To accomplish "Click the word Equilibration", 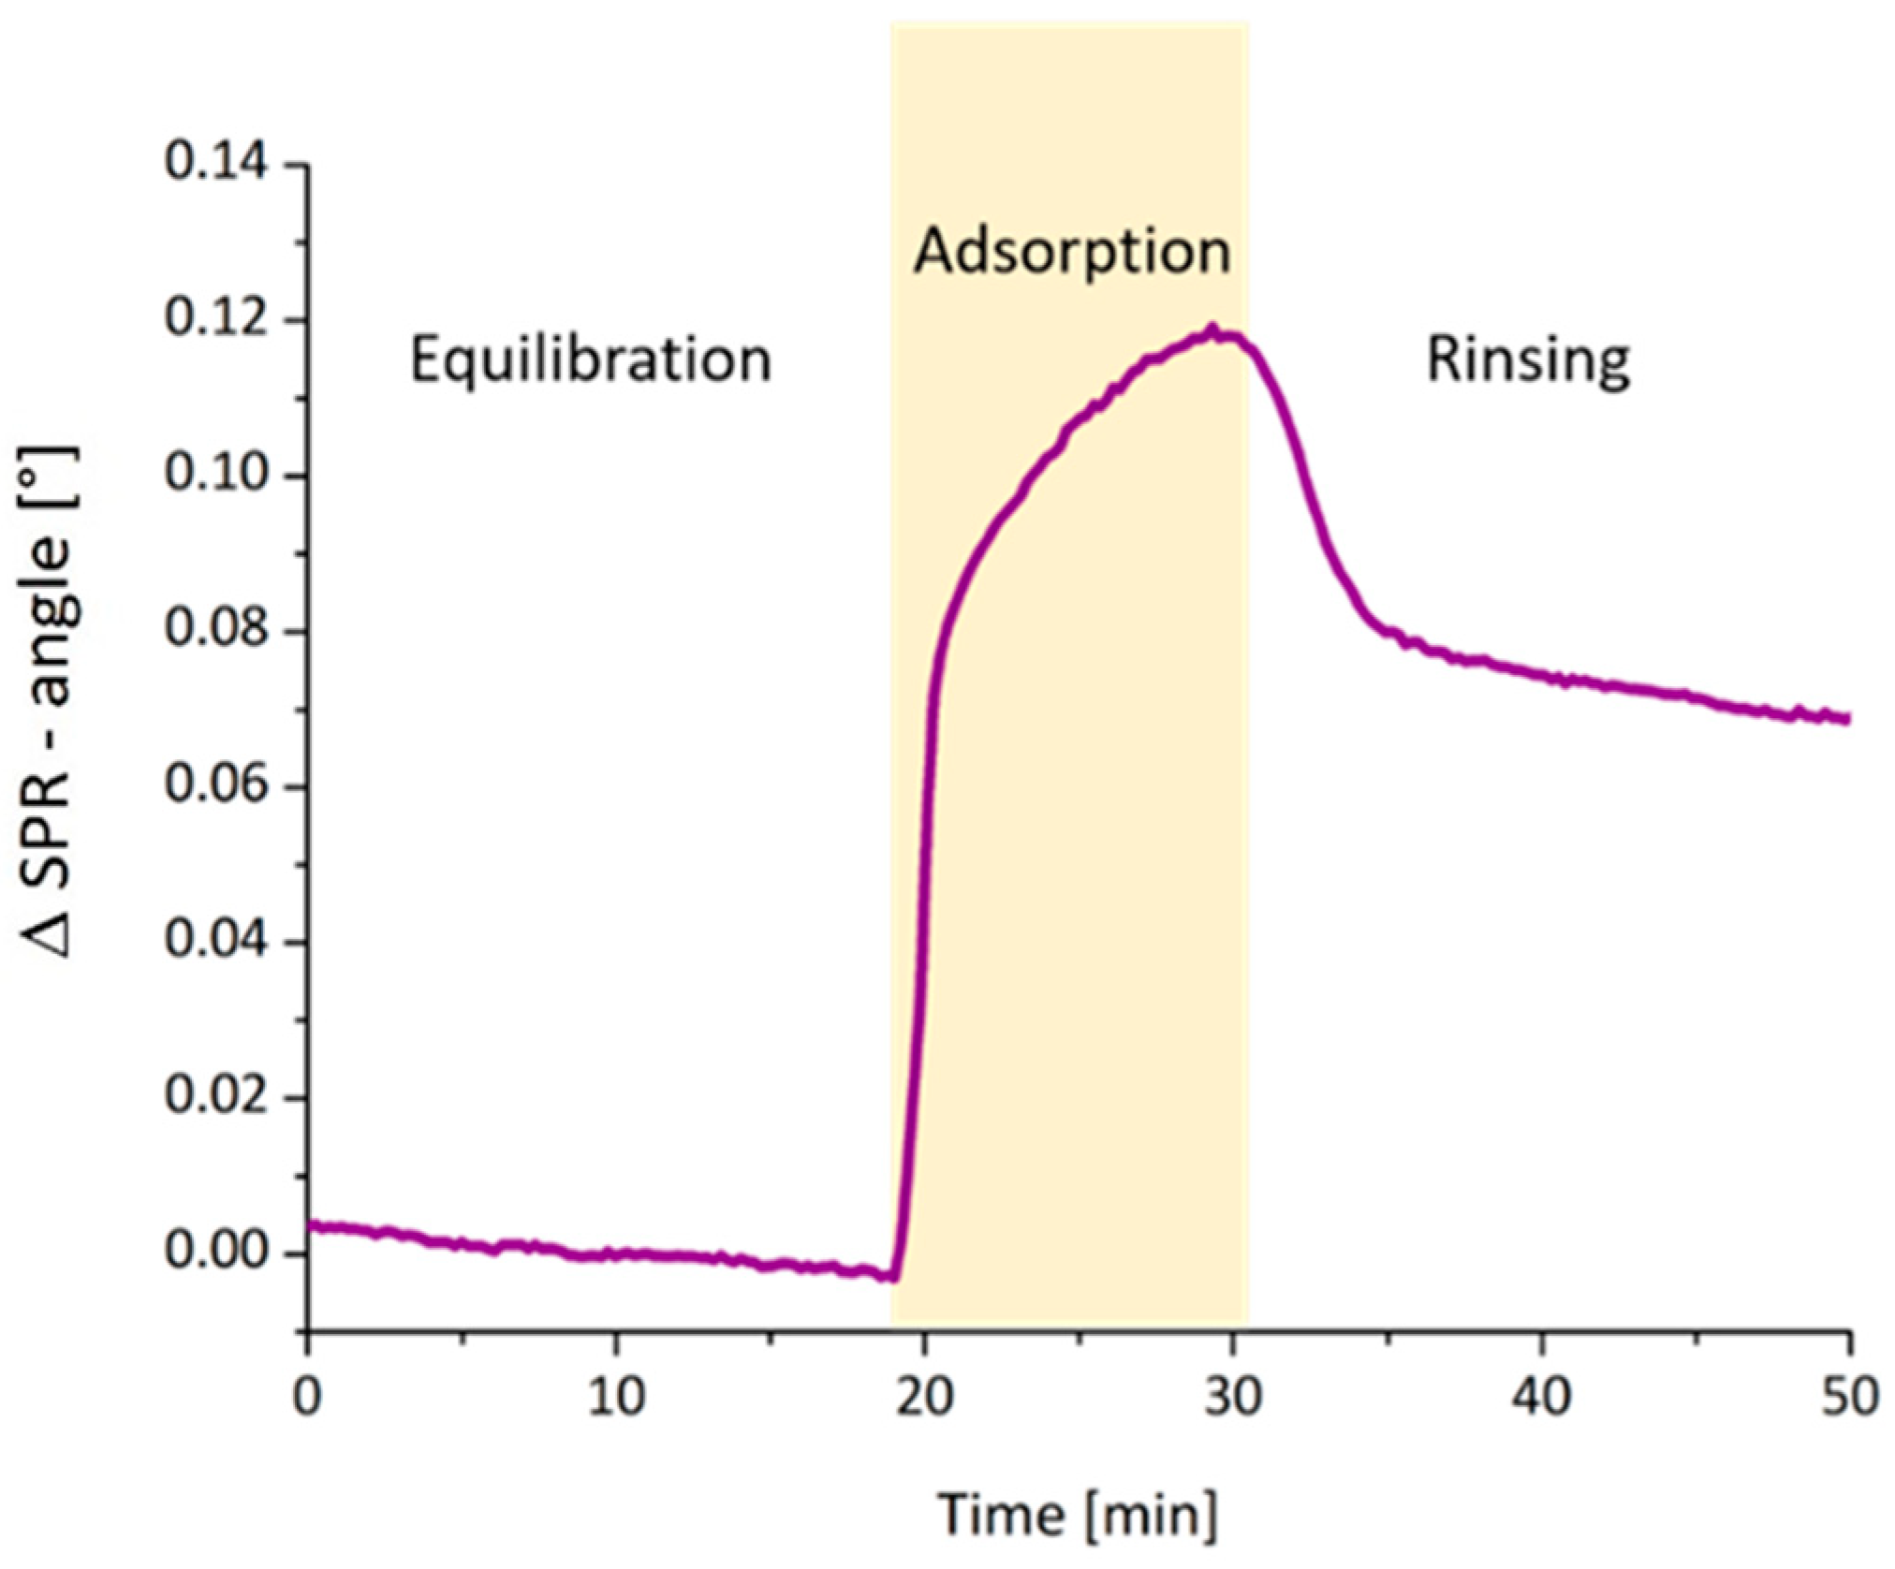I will point(591,361).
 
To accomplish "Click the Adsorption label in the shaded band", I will point(1072,253).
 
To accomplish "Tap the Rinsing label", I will point(1528,361).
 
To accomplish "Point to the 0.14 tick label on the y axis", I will point(216,163).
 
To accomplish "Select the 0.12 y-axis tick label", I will point(216,318).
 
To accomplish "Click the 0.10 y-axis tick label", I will point(216,474).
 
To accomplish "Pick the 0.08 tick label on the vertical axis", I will point(216,629).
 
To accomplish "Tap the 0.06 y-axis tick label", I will point(216,784).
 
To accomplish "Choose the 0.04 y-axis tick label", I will point(216,940).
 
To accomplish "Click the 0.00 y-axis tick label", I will point(216,1252).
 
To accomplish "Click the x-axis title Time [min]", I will point(1079,1514).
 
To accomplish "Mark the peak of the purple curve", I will point(1212,330).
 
